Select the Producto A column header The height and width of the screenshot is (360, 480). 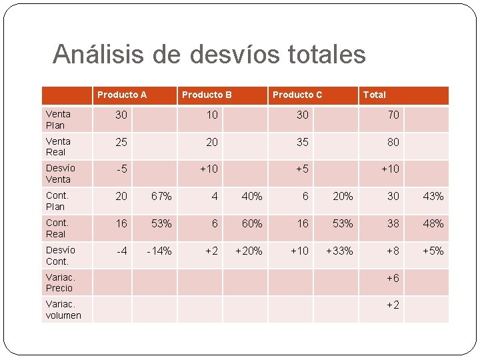pyautogui.click(x=122, y=95)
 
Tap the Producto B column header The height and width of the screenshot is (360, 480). pyautogui.click(x=207, y=95)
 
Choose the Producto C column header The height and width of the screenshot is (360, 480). pyautogui.click(x=297, y=95)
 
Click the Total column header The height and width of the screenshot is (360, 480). pyautogui.click(x=374, y=95)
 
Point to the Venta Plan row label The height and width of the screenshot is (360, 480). pyautogui.click(x=59, y=119)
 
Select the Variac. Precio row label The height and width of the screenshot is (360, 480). pyautogui.click(x=60, y=282)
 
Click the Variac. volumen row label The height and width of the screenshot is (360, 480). pyautogui.click(x=63, y=309)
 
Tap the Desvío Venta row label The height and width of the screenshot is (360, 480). pyautogui.click(x=60, y=173)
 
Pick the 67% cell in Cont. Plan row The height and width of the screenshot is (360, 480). pyautogui.click(x=161, y=196)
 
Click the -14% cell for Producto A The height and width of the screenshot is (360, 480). pyautogui.click(x=159, y=251)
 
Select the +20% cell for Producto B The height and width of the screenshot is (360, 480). pyautogui.click(x=249, y=251)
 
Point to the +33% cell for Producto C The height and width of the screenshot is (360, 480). pyautogui.click(x=339, y=251)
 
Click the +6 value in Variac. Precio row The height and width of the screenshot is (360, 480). pyautogui.click(x=393, y=278)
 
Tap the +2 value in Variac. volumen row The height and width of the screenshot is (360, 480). pyautogui.click(x=393, y=305)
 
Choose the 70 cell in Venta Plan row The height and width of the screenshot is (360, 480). pyautogui.click(x=393, y=115)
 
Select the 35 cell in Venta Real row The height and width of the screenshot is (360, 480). pyautogui.click(x=303, y=142)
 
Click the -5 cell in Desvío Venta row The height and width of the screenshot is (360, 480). pyautogui.click(x=121, y=169)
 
